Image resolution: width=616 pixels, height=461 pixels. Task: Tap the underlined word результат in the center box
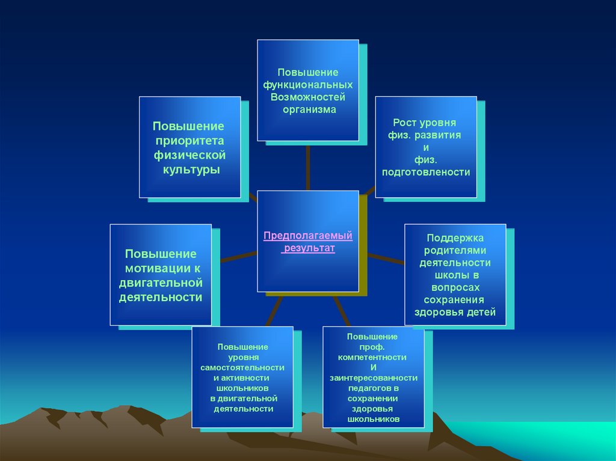(x=309, y=248)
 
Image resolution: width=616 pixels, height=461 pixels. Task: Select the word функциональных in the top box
(x=308, y=85)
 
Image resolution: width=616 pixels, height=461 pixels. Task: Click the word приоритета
(x=190, y=141)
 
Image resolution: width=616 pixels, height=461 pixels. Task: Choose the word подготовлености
(x=426, y=172)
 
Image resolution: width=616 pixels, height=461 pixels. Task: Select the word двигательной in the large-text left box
(x=161, y=283)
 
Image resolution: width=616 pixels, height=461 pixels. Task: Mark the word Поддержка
(x=455, y=238)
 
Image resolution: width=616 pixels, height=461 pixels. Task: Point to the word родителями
(x=455, y=251)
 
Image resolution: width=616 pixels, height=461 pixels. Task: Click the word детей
(x=481, y=313)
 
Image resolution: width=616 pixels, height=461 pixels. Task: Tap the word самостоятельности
(x=243, y=368)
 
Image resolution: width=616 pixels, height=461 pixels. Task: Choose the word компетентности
(x=372, y=357)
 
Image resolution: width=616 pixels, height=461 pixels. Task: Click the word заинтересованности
(x=373, y=378)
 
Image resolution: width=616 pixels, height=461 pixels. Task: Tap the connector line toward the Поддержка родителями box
(x=386, y=259)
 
